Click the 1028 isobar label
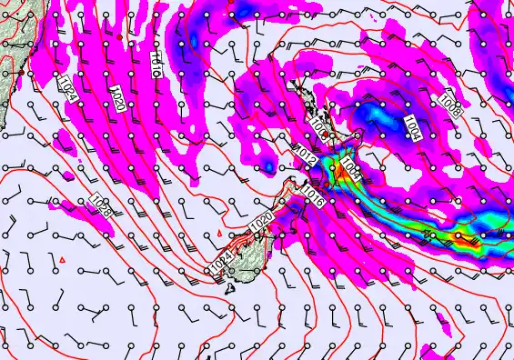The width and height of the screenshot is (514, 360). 101,207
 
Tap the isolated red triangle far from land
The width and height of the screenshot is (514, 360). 61,261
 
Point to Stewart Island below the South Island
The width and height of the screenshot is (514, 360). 231,289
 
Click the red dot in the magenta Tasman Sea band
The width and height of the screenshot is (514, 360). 119,36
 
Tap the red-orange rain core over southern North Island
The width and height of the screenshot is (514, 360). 338,168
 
